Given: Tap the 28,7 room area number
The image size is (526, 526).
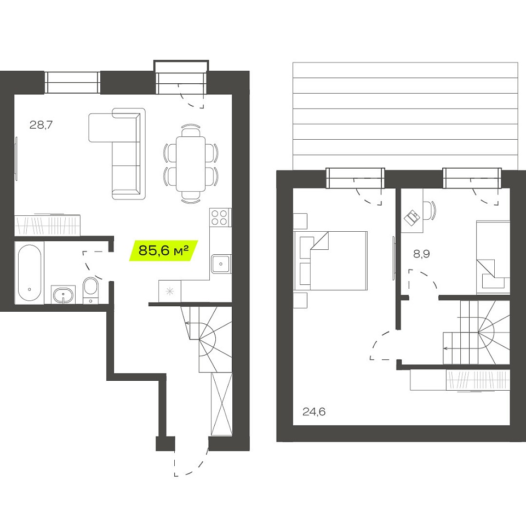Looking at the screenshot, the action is tap(41, 125).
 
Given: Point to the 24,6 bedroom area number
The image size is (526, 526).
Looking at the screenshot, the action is tap(313, 411).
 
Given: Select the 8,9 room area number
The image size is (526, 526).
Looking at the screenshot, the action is tap(421, 254).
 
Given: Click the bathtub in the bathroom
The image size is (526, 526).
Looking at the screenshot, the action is tap(30, 272).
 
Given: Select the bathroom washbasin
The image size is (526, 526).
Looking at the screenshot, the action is tap(63, 295).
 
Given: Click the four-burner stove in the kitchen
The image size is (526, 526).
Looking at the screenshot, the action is tap(220, 218).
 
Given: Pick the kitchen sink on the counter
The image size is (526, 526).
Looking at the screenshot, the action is tap(221, 264).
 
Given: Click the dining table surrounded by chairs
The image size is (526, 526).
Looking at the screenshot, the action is tap(191, 164).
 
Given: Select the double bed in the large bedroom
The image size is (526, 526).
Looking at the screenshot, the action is tap(330, 260).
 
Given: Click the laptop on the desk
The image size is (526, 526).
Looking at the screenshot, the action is tap(412, 218).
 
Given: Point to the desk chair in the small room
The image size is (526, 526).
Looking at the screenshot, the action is tap(428, 210).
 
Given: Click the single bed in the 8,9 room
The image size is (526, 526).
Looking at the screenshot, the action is tap(493, 258).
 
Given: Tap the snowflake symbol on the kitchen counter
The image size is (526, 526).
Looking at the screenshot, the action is tap(170, 291).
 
